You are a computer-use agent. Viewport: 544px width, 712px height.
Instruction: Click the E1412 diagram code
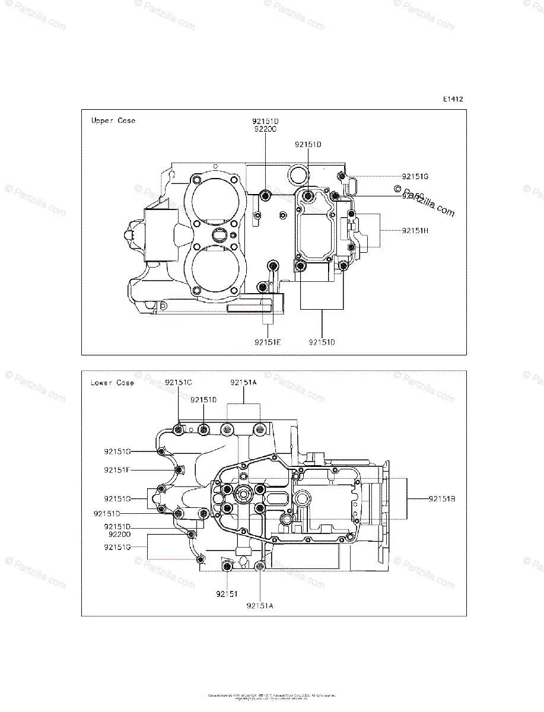pyautogui.click(x=452, y=100)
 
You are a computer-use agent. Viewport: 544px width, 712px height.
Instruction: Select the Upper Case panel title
pyautogui.click(x=113, y=120)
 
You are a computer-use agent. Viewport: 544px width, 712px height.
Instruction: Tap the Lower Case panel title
pyautogui.click(x=112, y=383)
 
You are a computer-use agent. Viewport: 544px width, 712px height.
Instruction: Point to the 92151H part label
pyautogui.click(x=415, y=230)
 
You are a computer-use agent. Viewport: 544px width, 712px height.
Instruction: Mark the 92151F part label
pyautogui.click(x=117, y=470)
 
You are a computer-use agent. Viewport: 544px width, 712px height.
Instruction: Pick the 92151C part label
pyautogui.click(x=179, y=383)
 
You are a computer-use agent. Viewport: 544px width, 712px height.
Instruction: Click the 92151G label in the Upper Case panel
pyautogui.click(x=415, y=176)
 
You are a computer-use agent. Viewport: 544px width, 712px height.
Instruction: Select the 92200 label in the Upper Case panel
pyautogui.click(x=265, y=128)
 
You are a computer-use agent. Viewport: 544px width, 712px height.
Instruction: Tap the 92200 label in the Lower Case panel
pyautogui.click(x=119, y=534)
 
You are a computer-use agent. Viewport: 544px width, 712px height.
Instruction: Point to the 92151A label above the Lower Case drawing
pyautogui.click(x=244, y=383)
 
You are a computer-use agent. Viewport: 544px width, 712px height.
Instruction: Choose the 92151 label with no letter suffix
pyautogui.click(x=227, y=593)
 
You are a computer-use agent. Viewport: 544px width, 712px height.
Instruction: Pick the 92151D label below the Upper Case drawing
pyautogui.click(x=322, y=342)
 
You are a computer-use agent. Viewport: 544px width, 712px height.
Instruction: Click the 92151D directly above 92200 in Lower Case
pyautogui.click(x=117, y=526)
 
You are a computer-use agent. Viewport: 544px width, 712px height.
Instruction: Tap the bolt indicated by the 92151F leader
pyautogui.click(x=177, y=471)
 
